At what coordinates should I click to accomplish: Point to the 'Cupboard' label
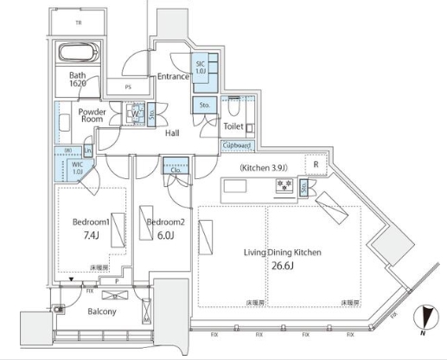coord(238,146)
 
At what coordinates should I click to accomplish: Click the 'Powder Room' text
coord(92,116)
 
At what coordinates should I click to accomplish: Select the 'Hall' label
coord(172,132)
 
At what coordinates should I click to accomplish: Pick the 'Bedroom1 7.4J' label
coord(91,228)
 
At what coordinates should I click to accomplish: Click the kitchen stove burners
coord(282,186)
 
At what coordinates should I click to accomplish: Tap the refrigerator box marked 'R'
coord(317,164)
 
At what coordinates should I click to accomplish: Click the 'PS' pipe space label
coord(128,87)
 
